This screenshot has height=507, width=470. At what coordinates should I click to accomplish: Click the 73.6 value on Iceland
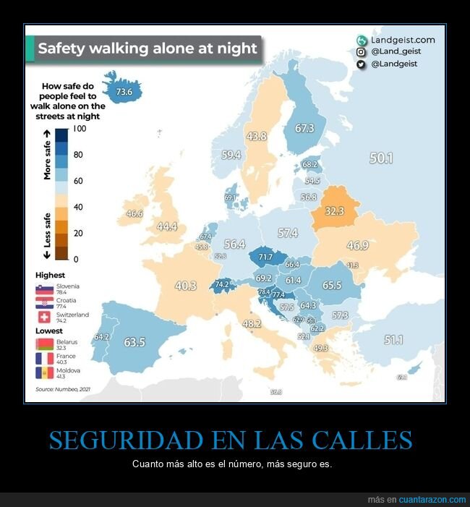coord(124,92)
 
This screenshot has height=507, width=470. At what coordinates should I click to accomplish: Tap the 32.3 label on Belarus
coord(333,211)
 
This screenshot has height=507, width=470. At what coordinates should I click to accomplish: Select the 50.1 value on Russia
coord(381,158)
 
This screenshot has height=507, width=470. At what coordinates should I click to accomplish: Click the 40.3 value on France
coord(186,286)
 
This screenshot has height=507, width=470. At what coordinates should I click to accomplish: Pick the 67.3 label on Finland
coord(304,128)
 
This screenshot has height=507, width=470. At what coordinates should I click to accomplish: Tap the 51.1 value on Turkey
coord(394,339)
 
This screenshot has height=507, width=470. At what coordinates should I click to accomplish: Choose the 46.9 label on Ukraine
coord(357,246)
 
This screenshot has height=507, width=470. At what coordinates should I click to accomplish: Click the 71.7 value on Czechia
coord(265,257)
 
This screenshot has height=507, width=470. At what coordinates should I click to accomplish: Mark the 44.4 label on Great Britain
coord(167,226)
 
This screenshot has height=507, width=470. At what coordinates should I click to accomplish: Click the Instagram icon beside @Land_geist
coord(361,52)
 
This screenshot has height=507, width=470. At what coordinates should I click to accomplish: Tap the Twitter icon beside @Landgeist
coord(361,64)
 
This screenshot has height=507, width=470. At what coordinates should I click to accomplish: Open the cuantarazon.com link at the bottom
coord(432,500)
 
